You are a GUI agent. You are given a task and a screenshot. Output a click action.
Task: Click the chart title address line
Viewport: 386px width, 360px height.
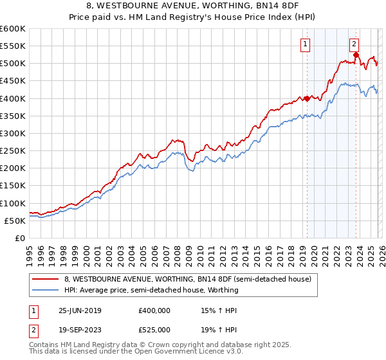pyautogui.click(x=192, y=6)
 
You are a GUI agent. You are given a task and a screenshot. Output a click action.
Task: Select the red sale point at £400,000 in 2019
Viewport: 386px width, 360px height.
pyautogui.click(x=307, y=98)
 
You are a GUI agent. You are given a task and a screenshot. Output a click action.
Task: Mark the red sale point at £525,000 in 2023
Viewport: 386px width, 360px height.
pyautogui.click(x=356, y=55)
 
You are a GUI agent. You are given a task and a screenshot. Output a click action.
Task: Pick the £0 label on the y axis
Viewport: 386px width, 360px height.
pyautogui.click(x=19, y=238)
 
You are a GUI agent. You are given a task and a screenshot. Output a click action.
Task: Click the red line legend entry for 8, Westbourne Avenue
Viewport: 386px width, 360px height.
pyautogui.click(x=187, y=279)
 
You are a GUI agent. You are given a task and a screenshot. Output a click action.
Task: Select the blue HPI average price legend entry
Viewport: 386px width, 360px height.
pyautogui.click(x=151, y=290)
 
